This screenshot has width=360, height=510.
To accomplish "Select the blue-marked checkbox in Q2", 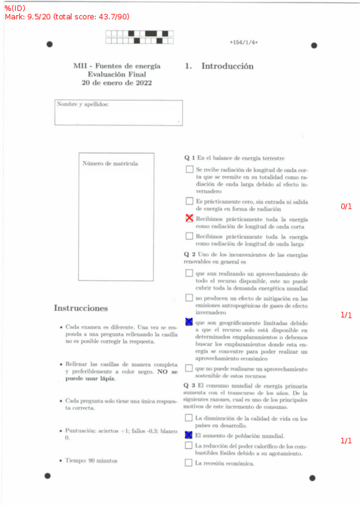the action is click(189, 322).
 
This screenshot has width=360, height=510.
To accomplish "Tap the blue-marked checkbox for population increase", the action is click(189, 435).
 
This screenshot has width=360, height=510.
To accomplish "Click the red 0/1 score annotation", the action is click(346, 206).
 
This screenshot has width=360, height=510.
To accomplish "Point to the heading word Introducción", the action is click(227, 66).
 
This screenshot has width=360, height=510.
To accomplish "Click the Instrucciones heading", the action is click(81, 308).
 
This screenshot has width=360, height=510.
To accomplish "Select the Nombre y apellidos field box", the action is click(118, 112).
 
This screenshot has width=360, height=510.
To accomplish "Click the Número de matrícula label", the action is click(110, 164).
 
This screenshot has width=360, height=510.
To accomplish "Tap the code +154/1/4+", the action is click(243, 43).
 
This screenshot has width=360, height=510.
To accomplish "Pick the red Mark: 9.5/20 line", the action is click(67, 17).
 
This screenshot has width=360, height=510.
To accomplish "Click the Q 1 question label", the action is click(190, 158).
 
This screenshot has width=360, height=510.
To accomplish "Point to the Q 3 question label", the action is click(190, 385).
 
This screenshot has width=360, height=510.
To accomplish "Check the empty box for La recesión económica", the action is click(189, 463).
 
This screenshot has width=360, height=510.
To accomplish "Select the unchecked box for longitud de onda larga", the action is click(189, 236).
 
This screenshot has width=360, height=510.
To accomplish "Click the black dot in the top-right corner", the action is click(313, 46).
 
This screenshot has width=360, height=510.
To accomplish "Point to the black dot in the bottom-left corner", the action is click(48, 476).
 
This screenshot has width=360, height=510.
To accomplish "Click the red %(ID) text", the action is click(15, 7).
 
